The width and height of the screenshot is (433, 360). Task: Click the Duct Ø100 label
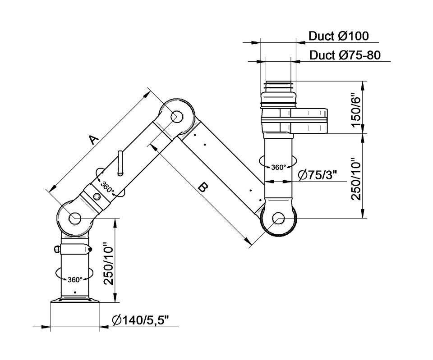click(x=338, y=36)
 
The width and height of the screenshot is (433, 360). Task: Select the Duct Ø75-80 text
click(x=345, y=55)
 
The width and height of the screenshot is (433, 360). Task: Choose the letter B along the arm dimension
click(x=203, y=188)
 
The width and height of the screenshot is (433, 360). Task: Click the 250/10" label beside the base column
click(x=107, y=263)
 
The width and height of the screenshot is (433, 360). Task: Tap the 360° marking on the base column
click(x=75, y=279)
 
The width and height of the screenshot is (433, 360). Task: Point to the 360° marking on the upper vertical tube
click(x=279, y=167)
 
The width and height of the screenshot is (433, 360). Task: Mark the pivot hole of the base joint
click(x=75, y=218)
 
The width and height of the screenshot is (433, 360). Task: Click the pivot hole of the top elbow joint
click(x=176, y=116)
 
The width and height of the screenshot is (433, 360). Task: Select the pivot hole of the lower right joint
click(x=278, y=219)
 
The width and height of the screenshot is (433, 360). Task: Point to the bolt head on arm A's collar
click(x=97, y=196)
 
